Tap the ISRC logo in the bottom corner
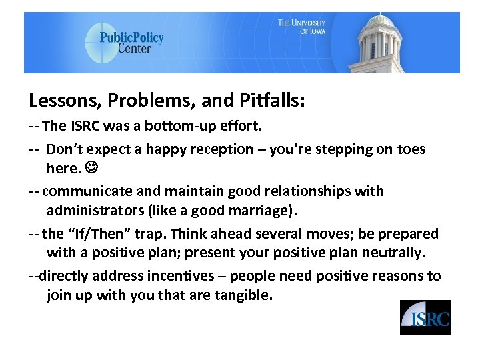[x=425, y=317]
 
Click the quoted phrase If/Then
[x=93, y=234]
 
